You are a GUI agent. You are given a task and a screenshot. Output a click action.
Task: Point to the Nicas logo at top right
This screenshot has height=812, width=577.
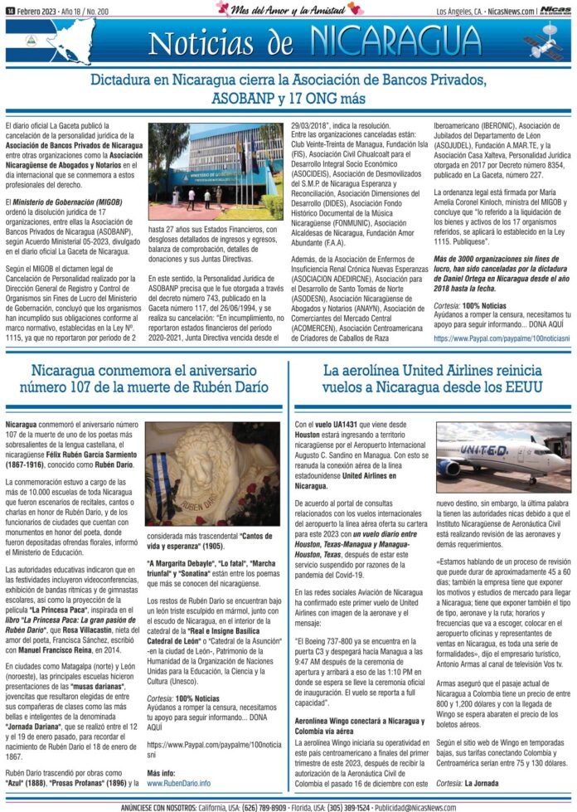click(x=555, y=10)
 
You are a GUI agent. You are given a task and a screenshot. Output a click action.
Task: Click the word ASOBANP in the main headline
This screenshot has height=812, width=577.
click(x=255, y=99)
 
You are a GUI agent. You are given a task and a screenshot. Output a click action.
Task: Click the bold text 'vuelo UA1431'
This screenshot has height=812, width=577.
click(x=336, y=425)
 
